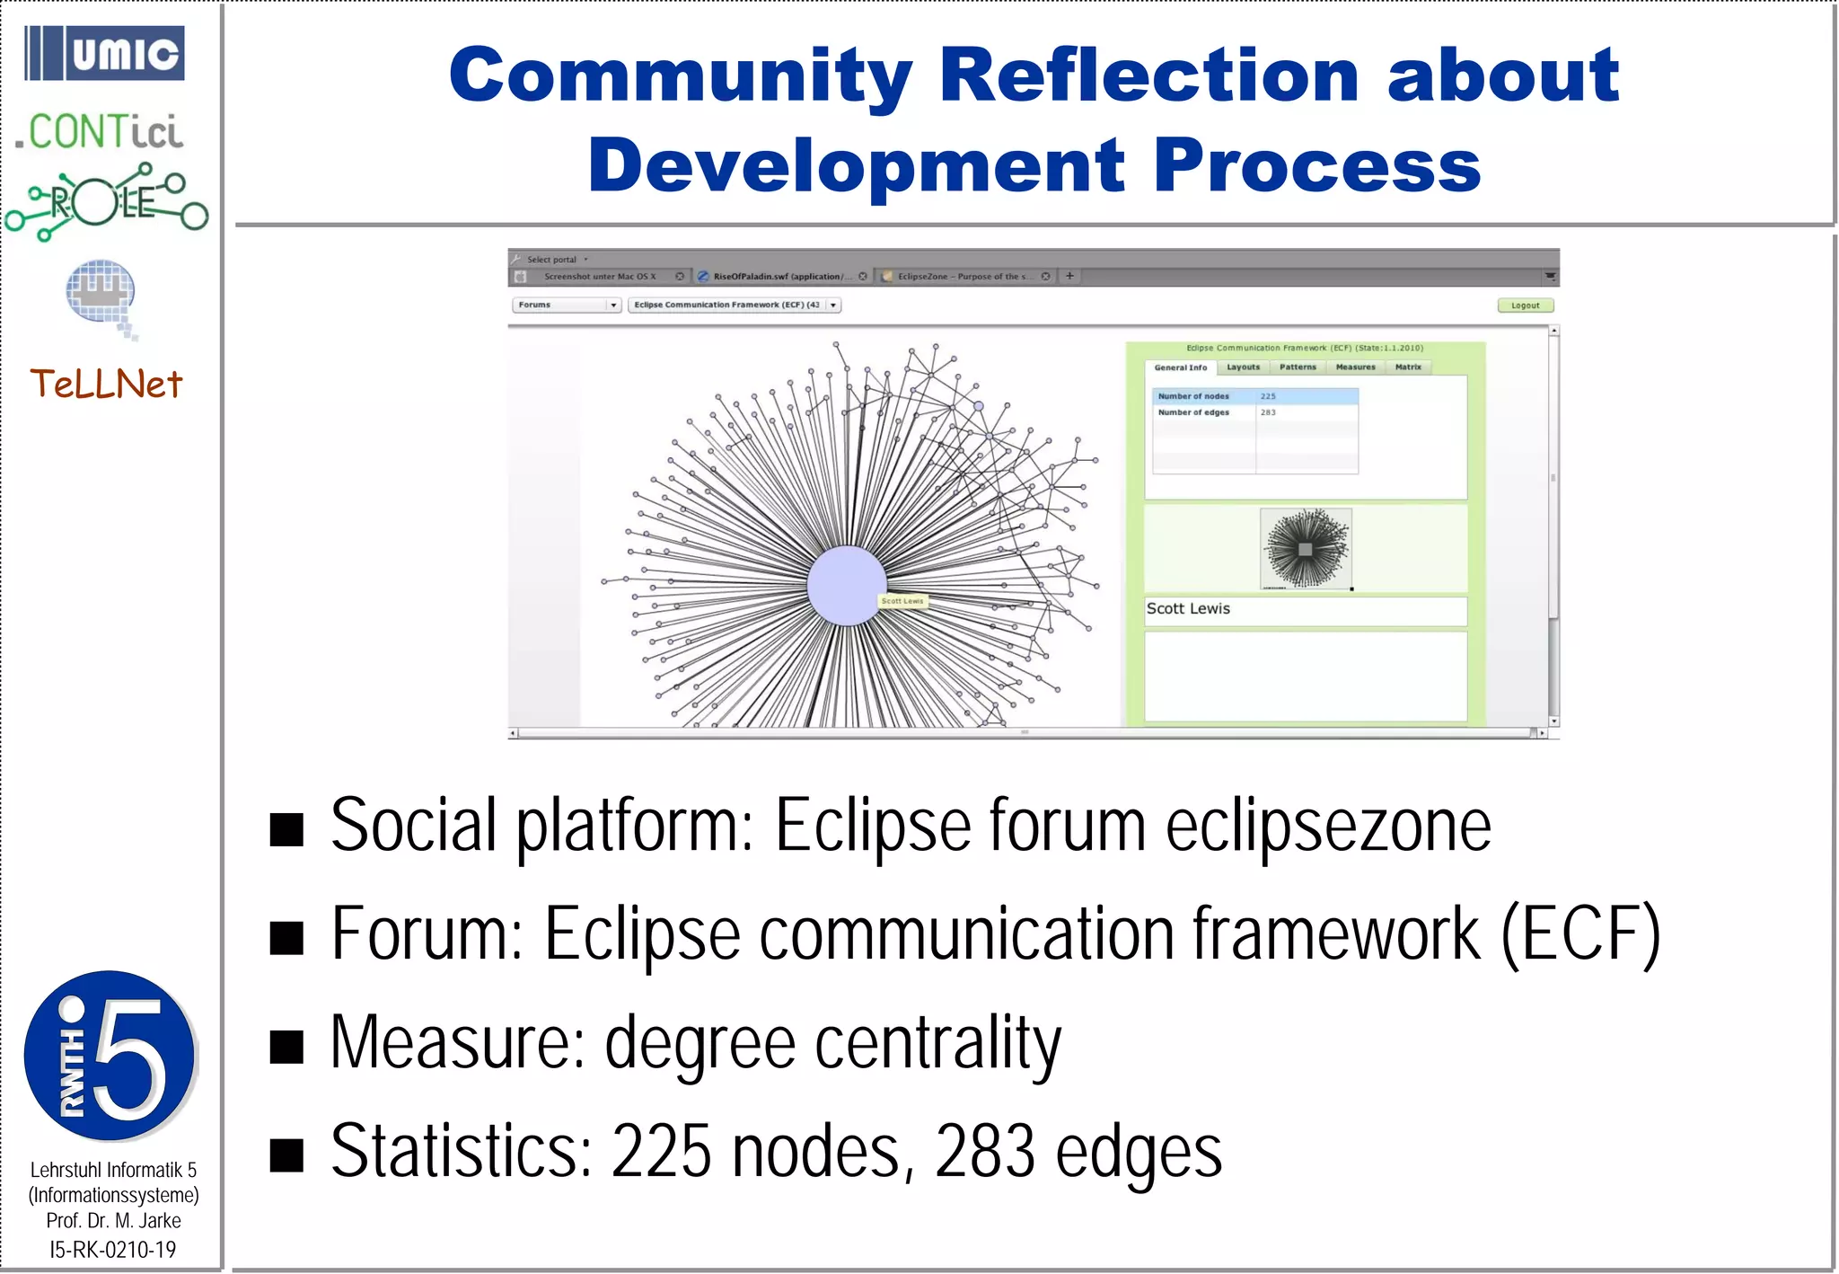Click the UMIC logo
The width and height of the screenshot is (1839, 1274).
coord(104,53)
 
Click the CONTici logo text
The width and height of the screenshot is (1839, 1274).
coord(100,132)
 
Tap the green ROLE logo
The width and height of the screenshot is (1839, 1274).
coord(106,202)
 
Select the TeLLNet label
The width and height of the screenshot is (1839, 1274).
coord(106,385)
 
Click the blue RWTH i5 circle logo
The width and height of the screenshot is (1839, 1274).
coord(110,1056)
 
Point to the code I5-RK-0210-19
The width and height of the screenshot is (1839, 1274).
coord(112,1249)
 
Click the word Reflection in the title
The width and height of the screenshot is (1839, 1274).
coord(1148,75)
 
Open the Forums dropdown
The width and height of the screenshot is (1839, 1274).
coord(567,305)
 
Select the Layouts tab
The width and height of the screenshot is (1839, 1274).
coord(1243,367)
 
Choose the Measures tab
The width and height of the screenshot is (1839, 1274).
coord(1355,367)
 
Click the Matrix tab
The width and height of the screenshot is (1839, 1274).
coord(1408,367)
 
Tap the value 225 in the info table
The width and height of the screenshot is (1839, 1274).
coord(1268,396)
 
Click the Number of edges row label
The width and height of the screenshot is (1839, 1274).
coord(1193,412)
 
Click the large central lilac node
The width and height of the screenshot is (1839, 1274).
coord(846,585)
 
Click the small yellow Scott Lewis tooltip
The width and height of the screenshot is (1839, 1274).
coord(902,601)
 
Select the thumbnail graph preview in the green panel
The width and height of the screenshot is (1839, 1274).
coord(1306,549)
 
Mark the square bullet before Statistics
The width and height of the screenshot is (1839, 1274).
coord(286,1155)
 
